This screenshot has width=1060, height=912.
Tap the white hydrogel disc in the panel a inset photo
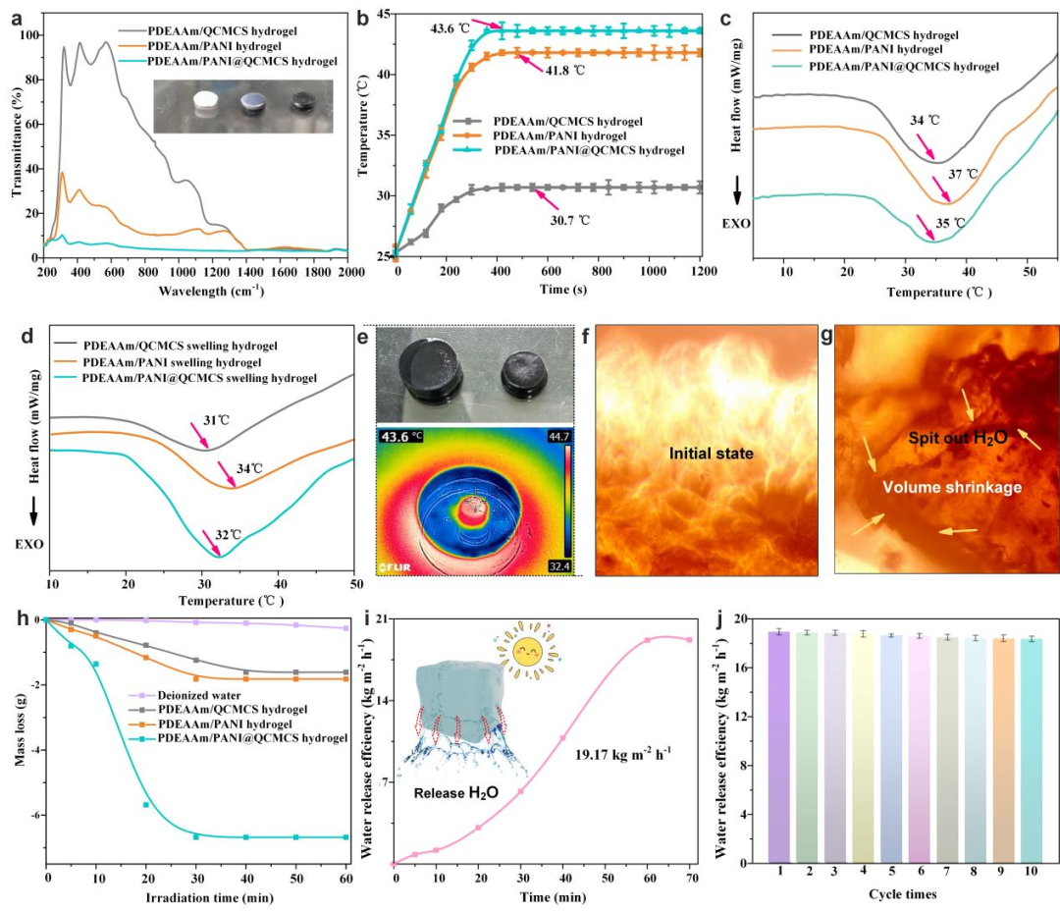click(x=207, y=101)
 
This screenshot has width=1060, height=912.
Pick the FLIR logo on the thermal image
click(x=396, y=566)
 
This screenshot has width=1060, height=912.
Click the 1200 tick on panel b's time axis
click(x=700, y=271)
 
